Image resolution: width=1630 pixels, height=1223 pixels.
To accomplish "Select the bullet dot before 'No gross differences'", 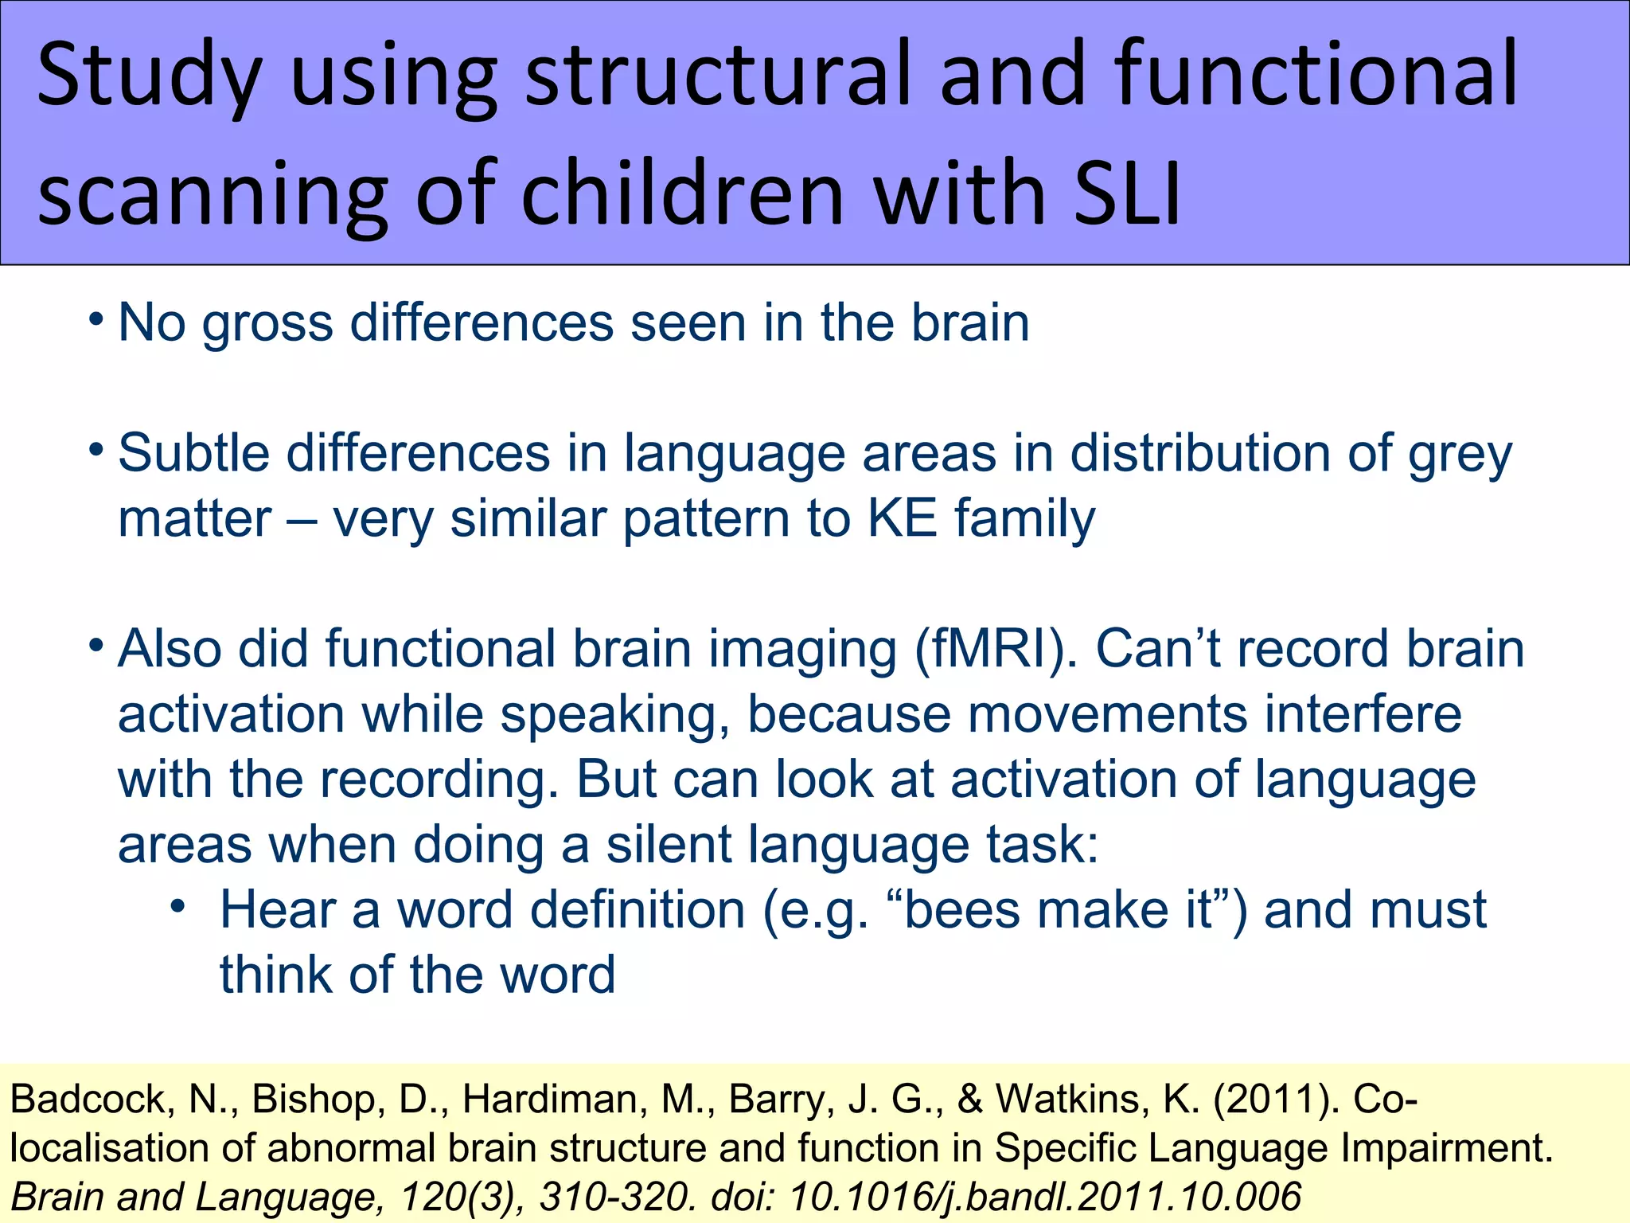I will click(x=96, y=319).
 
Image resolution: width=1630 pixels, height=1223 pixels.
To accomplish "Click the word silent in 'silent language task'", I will click(x=669, y=845).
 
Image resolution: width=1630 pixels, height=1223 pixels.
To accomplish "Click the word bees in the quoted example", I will click(x=961, y=910).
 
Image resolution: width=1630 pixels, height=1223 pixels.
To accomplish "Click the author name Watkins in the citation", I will click(x=1090, y=1100).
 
